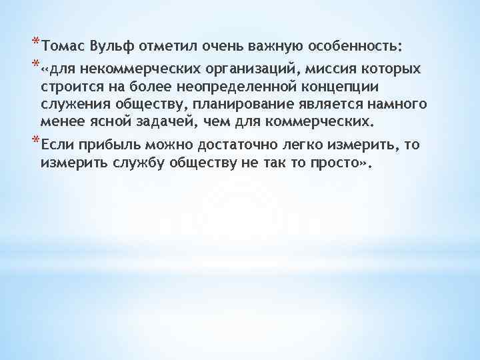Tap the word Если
(x=57, y=145)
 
